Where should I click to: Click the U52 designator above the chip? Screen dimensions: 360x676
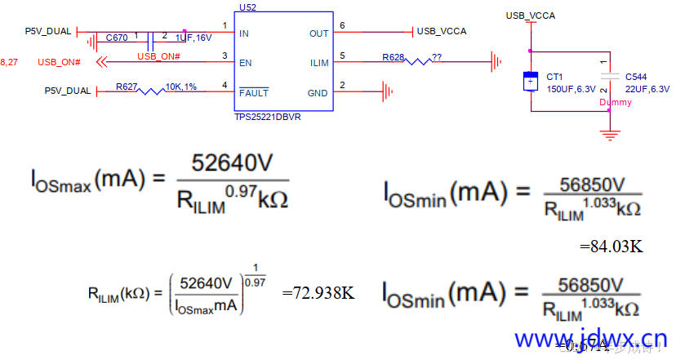247,7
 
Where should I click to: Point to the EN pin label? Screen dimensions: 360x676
244,62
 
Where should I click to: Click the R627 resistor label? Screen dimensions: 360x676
127,86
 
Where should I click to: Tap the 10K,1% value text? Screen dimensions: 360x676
181,86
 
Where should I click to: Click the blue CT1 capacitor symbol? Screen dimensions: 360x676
531,82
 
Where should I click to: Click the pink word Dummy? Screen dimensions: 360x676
615,103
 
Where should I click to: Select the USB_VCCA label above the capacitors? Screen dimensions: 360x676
531,16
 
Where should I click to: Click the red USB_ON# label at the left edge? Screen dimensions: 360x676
59,63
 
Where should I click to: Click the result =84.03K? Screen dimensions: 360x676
612,245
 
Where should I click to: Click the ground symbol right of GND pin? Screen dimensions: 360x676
389,91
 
